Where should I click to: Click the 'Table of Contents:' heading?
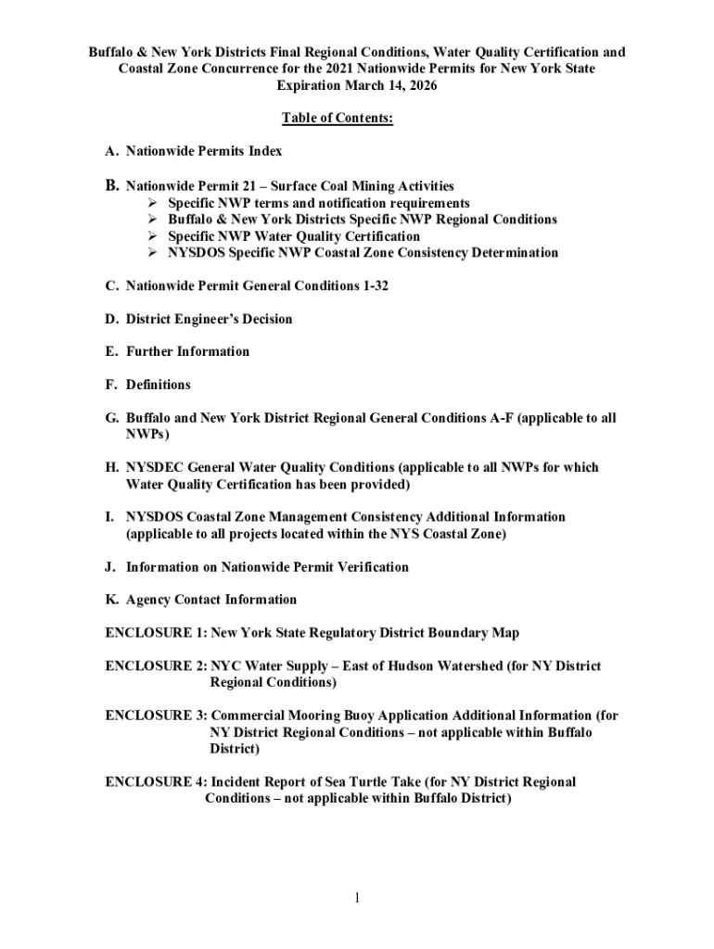[337, 120]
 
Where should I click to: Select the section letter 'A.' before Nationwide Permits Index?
[112, 151]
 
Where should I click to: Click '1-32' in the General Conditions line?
[375, 285]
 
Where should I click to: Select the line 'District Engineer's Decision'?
[209, 319]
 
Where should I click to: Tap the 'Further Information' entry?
[187, 351]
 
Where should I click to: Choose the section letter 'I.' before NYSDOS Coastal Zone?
[110, 516]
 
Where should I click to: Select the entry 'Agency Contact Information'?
[211, 600]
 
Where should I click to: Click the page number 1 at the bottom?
[357, 898]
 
